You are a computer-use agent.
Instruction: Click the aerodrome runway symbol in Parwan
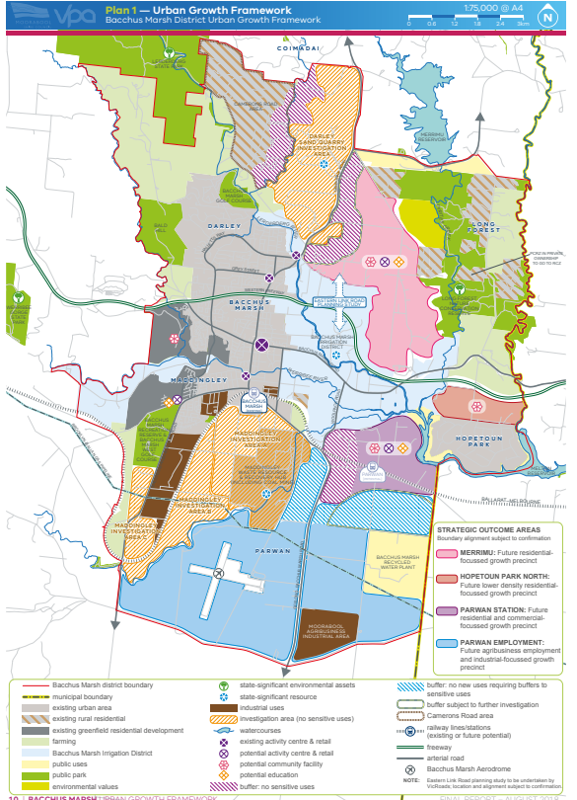(x=224, y=575)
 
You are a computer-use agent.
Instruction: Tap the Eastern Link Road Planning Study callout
(x=338, y=303)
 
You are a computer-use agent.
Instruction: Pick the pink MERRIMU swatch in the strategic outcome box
(x=443, y=552)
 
